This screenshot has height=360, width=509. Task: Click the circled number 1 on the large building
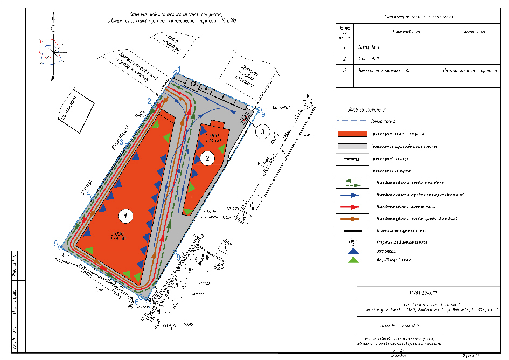click(125, 216)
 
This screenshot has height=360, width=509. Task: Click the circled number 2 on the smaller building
click(206, 157)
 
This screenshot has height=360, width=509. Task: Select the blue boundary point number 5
click(57, 244)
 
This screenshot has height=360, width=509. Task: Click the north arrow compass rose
click(53, 51)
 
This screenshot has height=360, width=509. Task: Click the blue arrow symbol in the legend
click(351, 194)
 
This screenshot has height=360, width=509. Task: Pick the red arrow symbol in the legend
click(351, 206)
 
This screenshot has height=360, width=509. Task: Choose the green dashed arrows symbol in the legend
click(351, 182)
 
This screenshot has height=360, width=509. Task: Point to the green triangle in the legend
click(352, 260)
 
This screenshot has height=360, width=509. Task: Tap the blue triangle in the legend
click(352, 251)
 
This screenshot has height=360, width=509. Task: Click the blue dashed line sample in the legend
click(351, 122)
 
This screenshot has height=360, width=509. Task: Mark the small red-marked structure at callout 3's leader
click(246, 118)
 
